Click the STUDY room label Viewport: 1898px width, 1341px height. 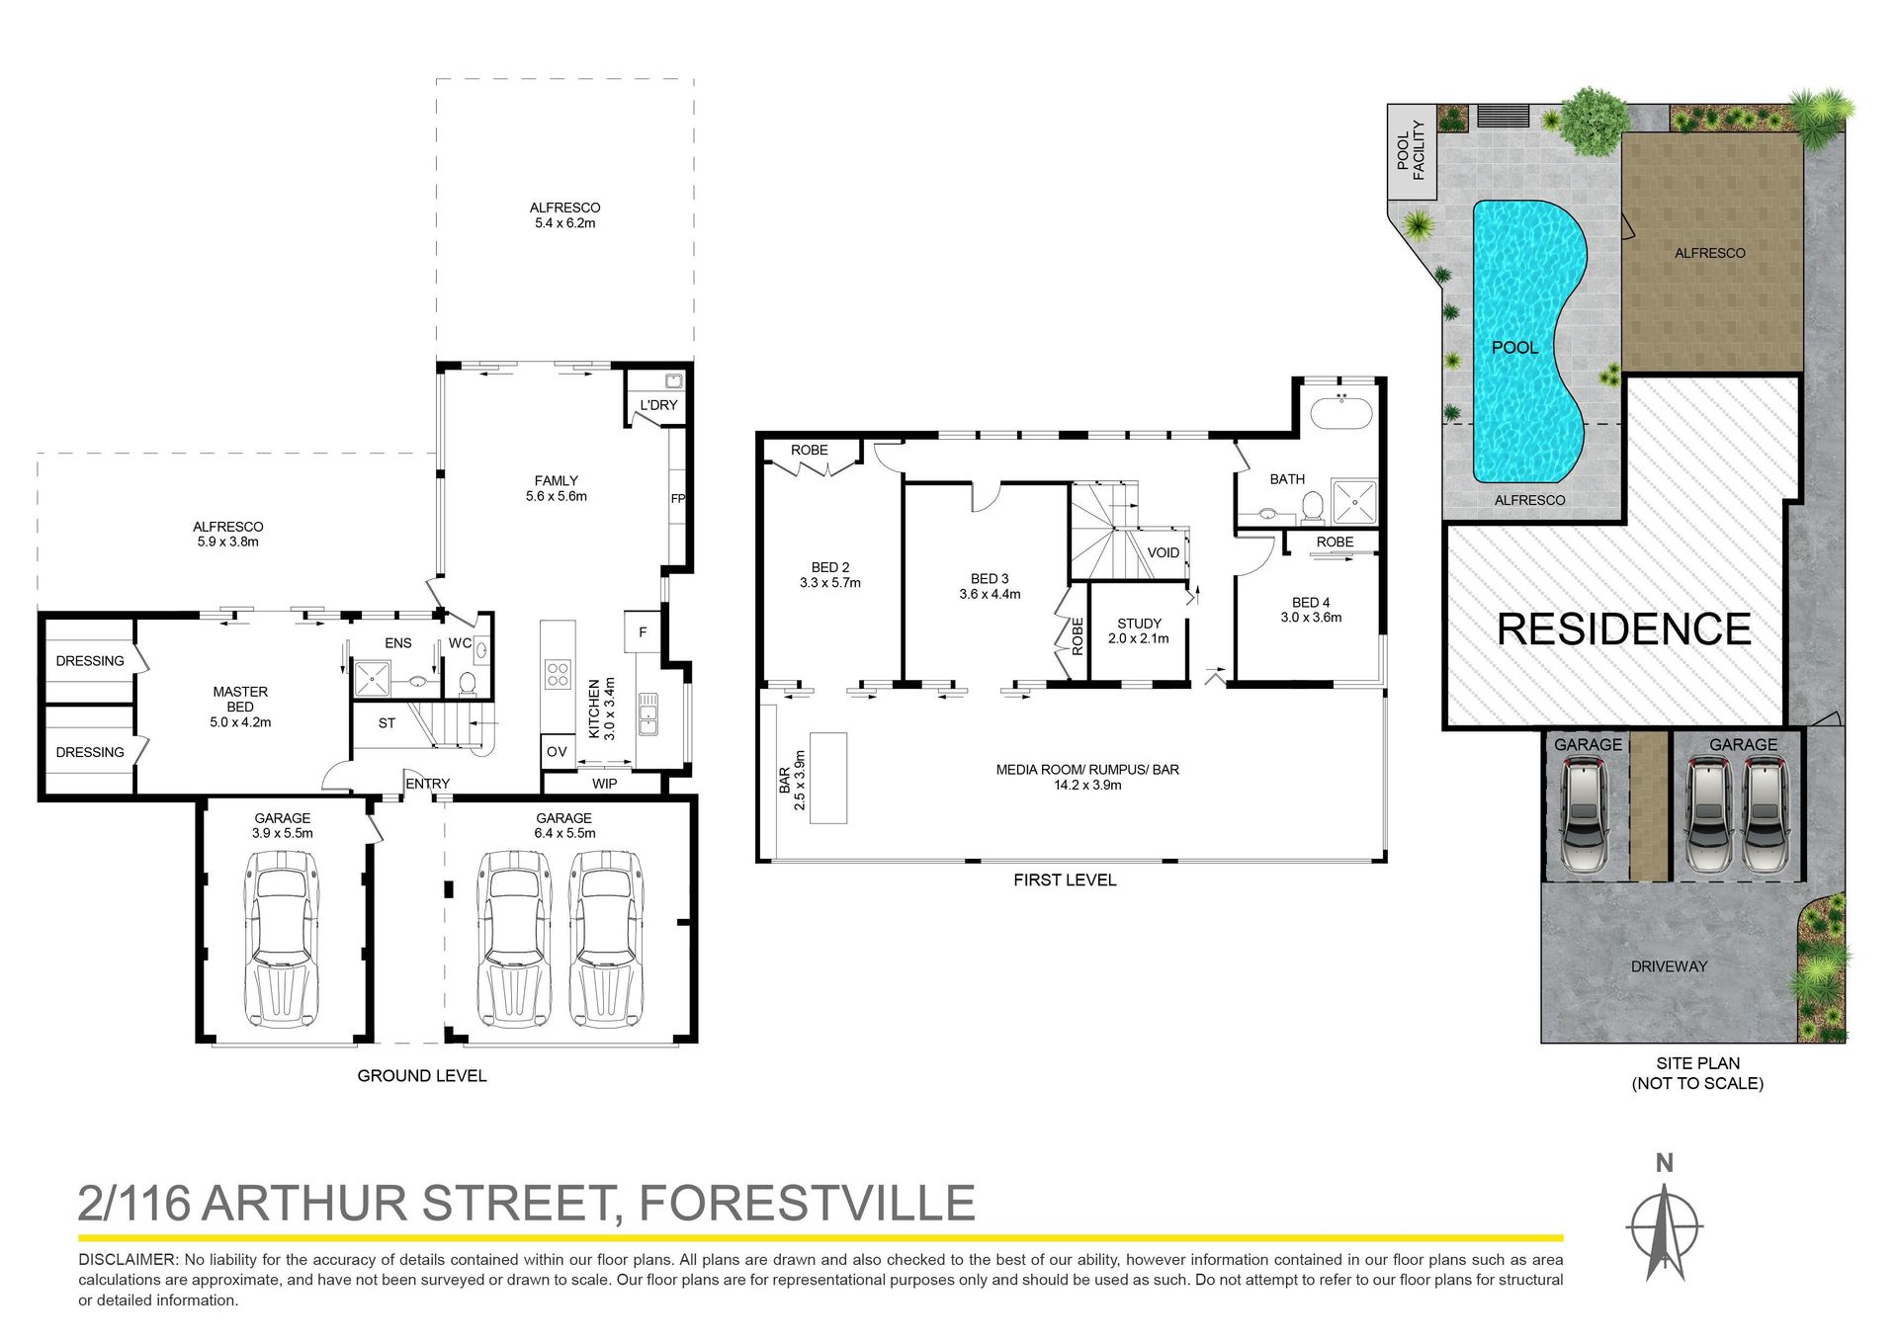pyautogui.click(x=1139, y=624)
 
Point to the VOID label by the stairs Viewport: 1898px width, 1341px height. pyautogui.click(x=1163, y=552)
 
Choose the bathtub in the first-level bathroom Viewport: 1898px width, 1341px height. pyautogui.click(x=1341, y=413)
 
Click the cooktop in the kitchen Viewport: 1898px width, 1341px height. pyautogui.click(x=558, y=674)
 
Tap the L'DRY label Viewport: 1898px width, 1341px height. pyautogui.click(x=658, y=405)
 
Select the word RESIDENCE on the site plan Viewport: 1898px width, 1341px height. pyautogui.click(x=1623, y=629)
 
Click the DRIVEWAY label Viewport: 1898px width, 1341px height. pyautogui.click(x=1669, y=966)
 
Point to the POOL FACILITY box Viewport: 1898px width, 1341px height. pyautogui.click(x=1411, y=150)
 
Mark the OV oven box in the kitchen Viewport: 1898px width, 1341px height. pyautogui.click(x=557, y=751)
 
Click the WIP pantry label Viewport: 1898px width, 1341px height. pyautogui.click(x=604, y=784)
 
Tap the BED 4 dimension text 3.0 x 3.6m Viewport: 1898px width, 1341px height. pyautogui.click(x=1311, y=618)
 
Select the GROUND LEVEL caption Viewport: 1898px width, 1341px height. pyautogui.click(x=422, y=1076)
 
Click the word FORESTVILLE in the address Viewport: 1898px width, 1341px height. pyautogui.click(x=807, y=1204)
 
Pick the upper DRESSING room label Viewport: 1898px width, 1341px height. pyautogui.click(x=90, y=661)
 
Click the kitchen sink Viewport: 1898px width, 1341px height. pyautogui.click(x=647, y=713)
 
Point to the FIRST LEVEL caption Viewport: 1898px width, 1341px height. pyautogui.click(x=1065, y=880)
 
